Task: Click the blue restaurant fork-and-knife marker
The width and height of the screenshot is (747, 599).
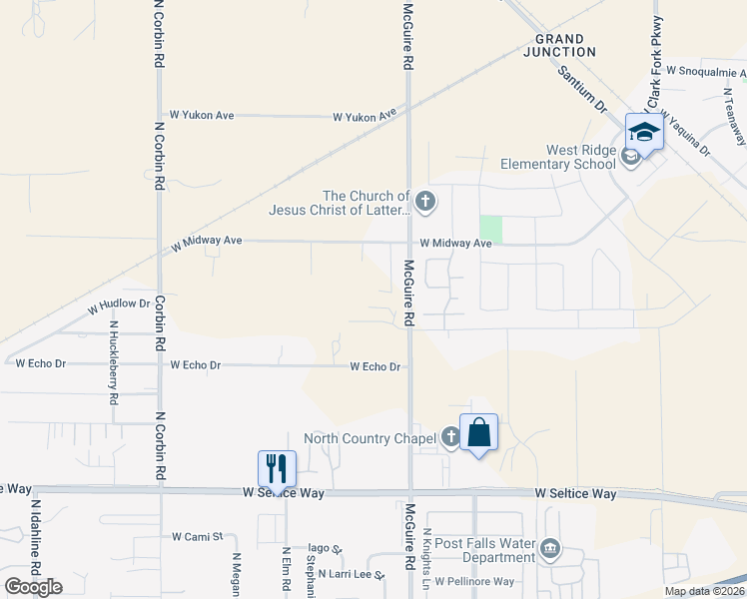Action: (x=278, y=467)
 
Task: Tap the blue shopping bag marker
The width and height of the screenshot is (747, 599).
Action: (x=478, y=432)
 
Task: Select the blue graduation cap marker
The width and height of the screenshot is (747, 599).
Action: (x=644, y=133)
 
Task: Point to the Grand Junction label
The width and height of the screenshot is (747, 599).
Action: (x=558, y=45)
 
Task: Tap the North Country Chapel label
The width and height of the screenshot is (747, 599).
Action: (x=370, y=438)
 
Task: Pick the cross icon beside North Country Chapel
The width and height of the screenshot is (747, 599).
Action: (x=450, y=436)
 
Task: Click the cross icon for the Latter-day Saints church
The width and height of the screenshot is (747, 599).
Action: (x=425, y=202)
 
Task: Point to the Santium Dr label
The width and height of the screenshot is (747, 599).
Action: (x=582, y=87)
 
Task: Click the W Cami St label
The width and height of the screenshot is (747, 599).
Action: (x=197, y=537)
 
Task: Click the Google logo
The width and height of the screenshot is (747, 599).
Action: (x=34, y=586)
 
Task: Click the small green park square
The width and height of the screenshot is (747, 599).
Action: (x=490, y=229)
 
